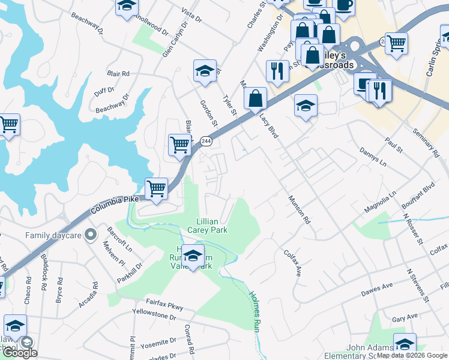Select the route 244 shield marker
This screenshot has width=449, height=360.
pyautogui.click(x=206, y=141)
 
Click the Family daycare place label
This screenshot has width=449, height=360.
pyautogui.click(x=53, y=235)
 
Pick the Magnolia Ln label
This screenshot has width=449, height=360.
pyautogui.click(x=381, y=202)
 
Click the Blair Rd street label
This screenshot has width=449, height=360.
pyautogui.click(x=118, y=73)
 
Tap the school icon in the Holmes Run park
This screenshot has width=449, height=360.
pyautogui.click(x=193, y=256)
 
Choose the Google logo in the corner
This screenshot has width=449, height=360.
pyautogui.click(x=20, y=353)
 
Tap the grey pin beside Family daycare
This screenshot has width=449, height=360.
pyautogui.click(x=91, y=235)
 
